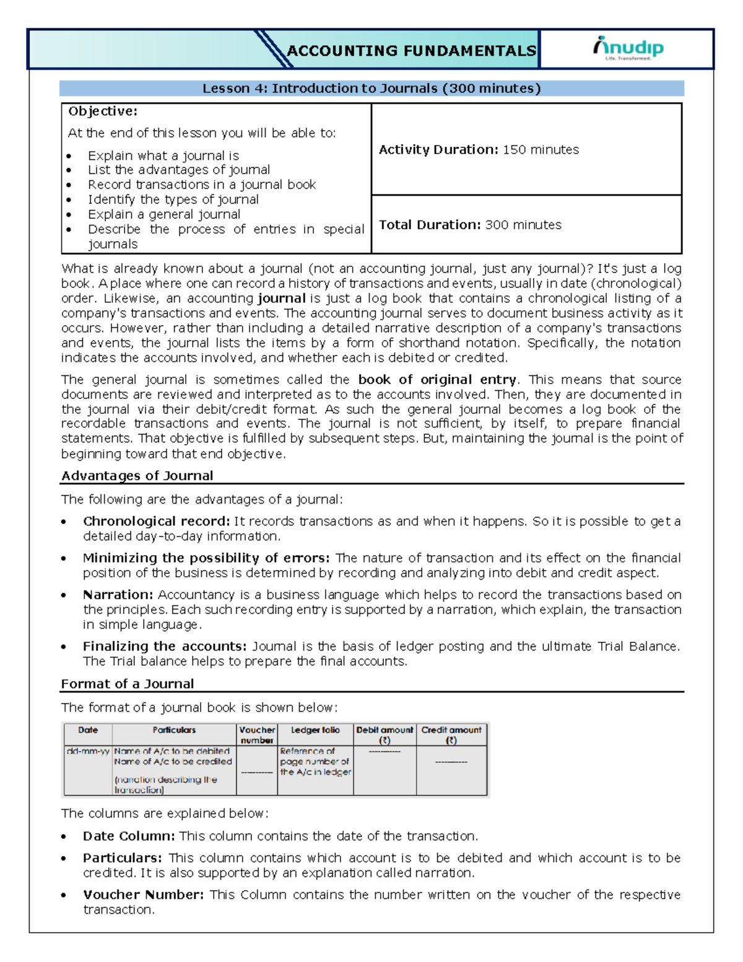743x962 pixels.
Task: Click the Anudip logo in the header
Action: pyautogui.click(x=628, y=48)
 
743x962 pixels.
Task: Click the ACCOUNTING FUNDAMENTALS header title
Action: pyautogui.click(x=411, y=51)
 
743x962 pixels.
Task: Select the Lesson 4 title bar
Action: pyautogui.click(x=371, y=89)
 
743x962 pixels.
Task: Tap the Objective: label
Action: pyautogui.click(x=103, y=112)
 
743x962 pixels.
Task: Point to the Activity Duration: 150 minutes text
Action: pyautogui.click(x=479, y=150)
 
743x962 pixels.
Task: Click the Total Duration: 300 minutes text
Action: pyautogui.click(x=470, y=225)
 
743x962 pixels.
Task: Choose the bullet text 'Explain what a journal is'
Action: pyautogui.click(x=163, y=155)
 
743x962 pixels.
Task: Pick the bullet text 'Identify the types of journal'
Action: pyautogui.click(x=173, y=199)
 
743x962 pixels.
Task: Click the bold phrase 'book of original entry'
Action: pyautogui.click(x=437, y=380)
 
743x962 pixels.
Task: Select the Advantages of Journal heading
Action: pyautogui.click(x=137, y=476)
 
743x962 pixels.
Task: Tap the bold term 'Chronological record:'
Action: pyautogui.click(x=157, y=522)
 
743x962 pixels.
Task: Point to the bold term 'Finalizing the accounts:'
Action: pyautogui.click(x=165, y=646)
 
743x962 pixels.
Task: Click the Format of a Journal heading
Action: pyautogui.click(x=128, y=684)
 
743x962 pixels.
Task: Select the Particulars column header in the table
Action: pyautogui.click(x=174, y=730)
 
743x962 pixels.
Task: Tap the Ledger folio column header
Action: pyautogui.click(x=315, y=730)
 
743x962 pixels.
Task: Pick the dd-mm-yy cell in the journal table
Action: pyautogui.click(x=88, y=751)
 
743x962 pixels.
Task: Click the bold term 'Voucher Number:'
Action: pyautogui.click(x=144, y=894)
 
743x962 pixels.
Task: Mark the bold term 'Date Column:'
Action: pyautogui.click(x=129, y=836)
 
